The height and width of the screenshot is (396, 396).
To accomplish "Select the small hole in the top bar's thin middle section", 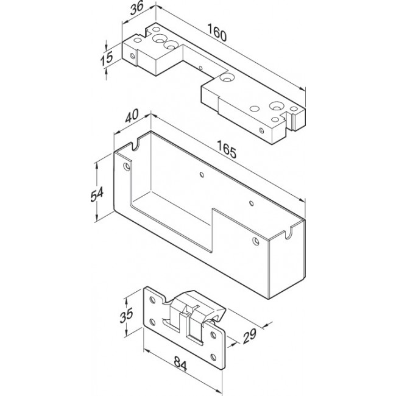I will (200, 68).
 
